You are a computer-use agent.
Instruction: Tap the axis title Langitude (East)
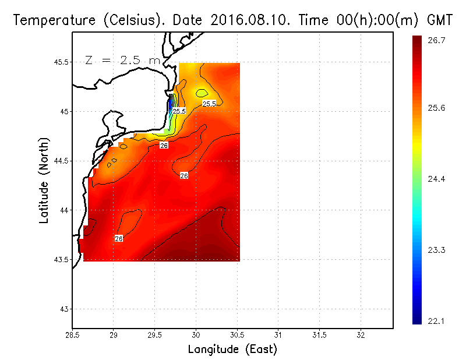(x=232, y=350)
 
